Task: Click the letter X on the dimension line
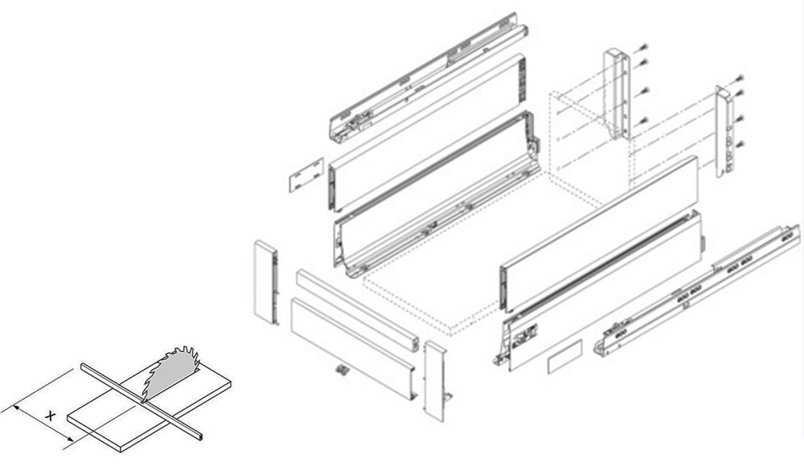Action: pos(50,416)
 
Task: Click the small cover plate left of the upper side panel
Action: pos(307,175)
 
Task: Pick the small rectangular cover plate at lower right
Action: pos(565,356)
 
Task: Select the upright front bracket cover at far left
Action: pos(266,282)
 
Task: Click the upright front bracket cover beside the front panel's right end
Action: pos(435,380)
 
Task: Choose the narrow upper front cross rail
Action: pos(358,310)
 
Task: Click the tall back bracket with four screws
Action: pos(617,94)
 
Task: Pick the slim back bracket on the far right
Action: pos(724,132)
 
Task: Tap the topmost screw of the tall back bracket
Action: pos(643,48)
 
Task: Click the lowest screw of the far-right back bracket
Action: pos(740,144)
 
